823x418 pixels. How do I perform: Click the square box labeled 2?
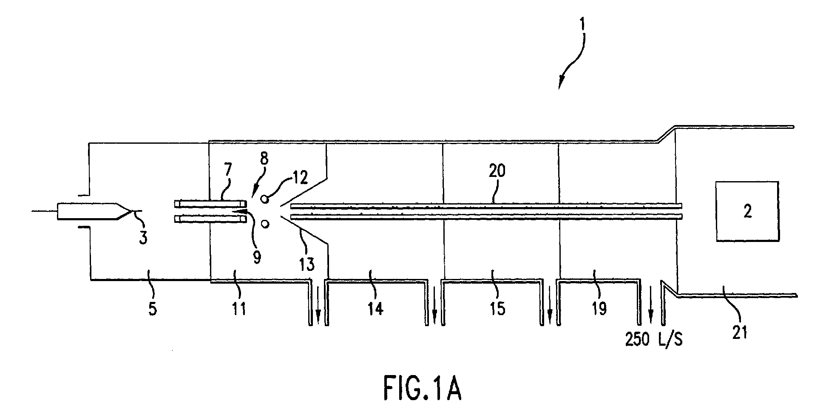click(747, 211)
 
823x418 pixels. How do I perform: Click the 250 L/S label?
click(654, 340)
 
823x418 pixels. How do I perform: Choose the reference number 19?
click(599, 309)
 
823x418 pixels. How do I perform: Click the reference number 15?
click(497, 309)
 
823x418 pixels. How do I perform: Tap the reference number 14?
click(375, 309)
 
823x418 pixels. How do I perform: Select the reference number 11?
click(239, 309)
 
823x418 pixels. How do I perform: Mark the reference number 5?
click(153, 309)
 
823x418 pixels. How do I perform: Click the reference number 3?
click(144, 237)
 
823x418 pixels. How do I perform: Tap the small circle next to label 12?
click(264, 199)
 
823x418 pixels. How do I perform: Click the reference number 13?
click(306, 264)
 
